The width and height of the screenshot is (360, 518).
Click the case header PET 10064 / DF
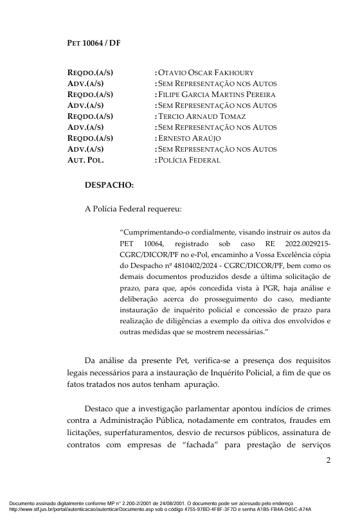(94, 43)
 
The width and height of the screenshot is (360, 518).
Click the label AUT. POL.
(85, 160)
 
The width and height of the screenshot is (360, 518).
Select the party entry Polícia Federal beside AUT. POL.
(189, 160)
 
